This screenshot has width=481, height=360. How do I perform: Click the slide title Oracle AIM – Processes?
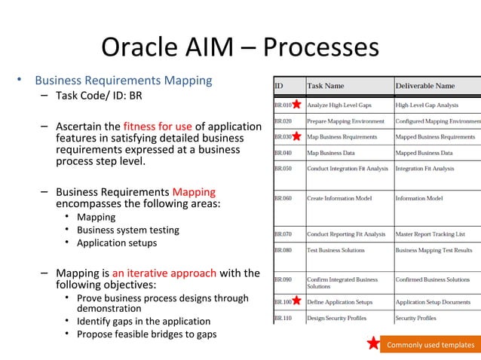click(x=240, y=47)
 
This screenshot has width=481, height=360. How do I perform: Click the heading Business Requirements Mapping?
click(x=123, y=81)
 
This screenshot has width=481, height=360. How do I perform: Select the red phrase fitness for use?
click(x=158, y=127)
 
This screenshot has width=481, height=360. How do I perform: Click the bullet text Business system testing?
click(x=128, y=230)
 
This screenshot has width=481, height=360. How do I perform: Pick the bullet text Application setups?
click(x=117, y=243)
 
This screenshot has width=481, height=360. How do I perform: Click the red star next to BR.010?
click(x=297, y=105)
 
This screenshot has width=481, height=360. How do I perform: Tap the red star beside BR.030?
click(x=297, y=137)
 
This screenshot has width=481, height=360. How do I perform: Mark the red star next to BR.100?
click(x=297, y=301)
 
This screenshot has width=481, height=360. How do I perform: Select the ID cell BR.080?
click(x=283, y=250)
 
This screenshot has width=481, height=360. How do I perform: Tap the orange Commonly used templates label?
click(x=430, y=345)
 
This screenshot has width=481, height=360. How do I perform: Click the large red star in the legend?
click(x=373, y=344)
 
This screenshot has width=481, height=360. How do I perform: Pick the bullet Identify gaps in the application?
click(x=143, y=321)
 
